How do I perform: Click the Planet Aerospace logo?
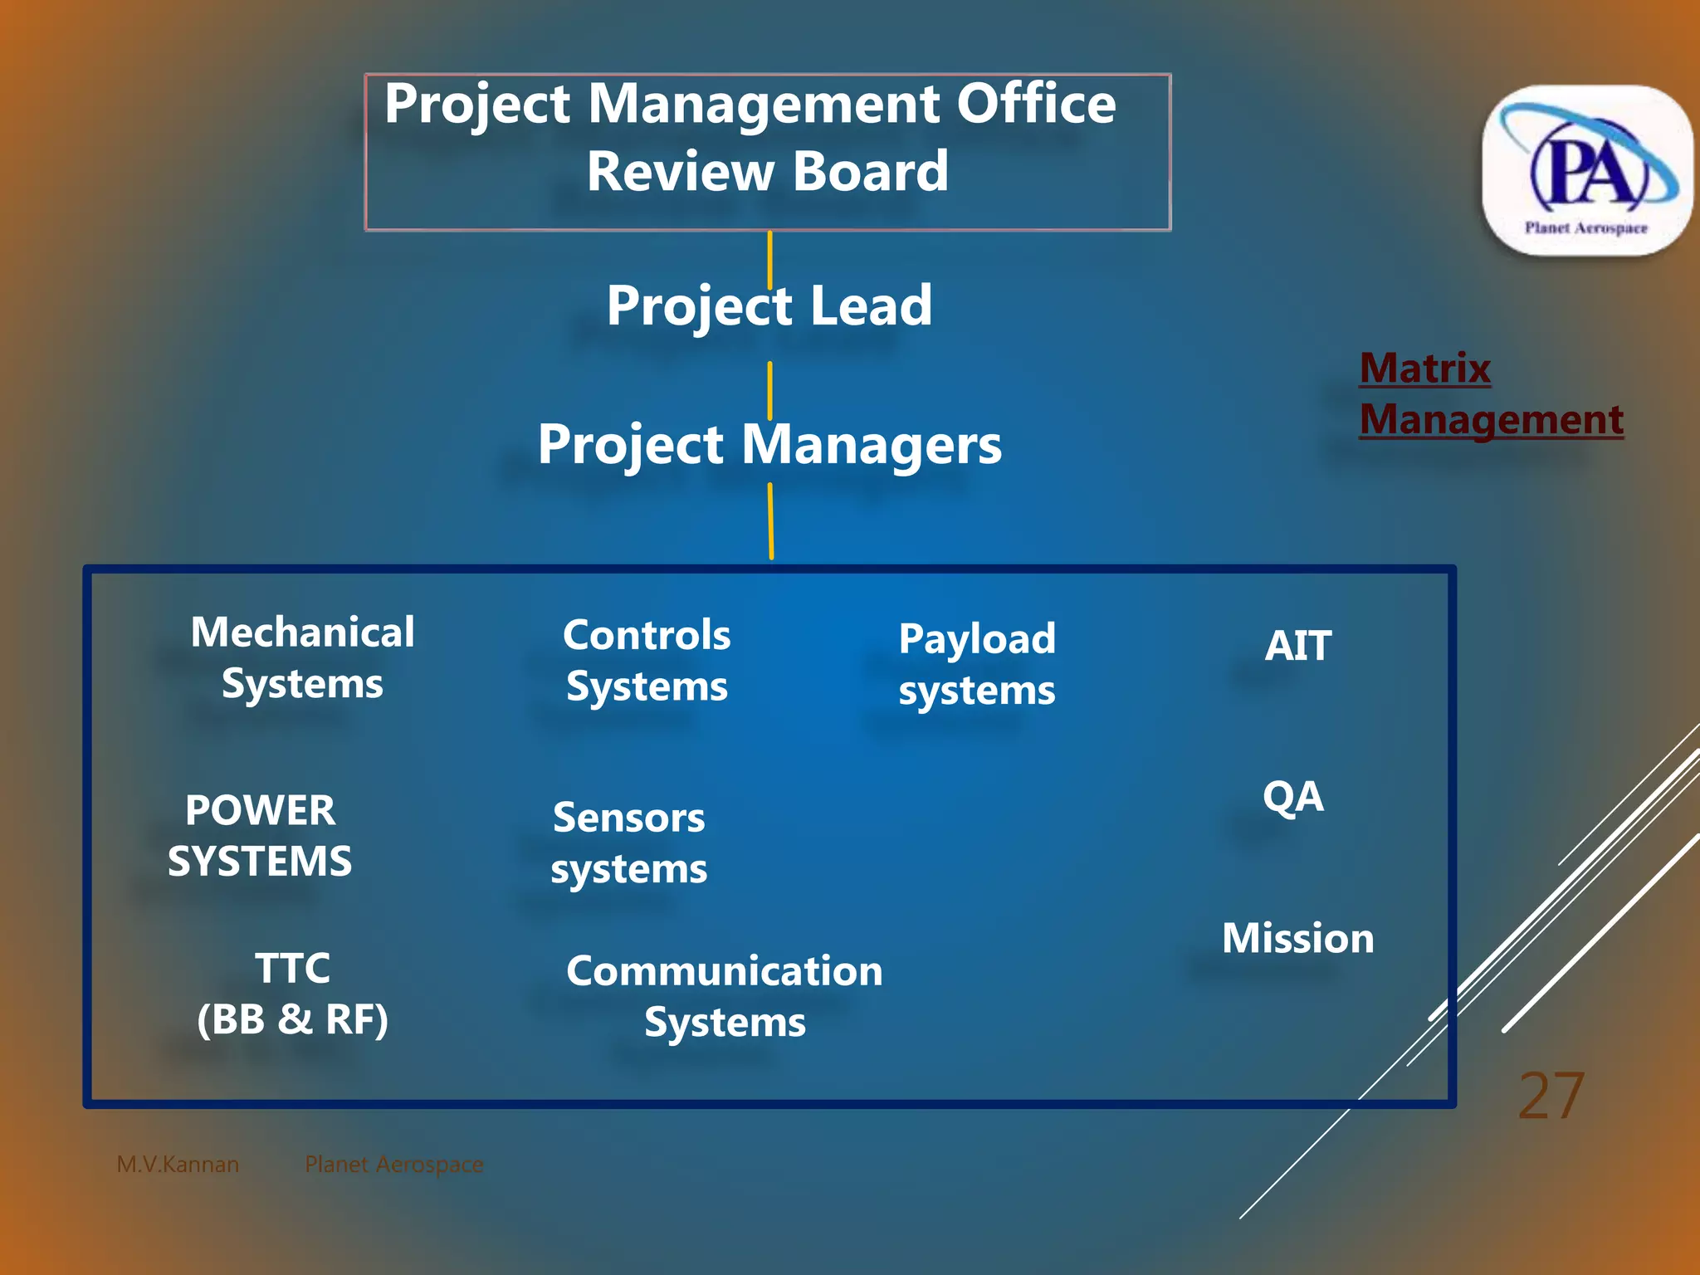pyautogui.click(x=1587, y=170)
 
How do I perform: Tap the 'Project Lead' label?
pyautogui.click(x=769, y=305)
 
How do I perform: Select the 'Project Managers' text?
pyautogui.click(x=769, y=445)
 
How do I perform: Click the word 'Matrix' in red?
pyautogui.click(x=1424, y=368)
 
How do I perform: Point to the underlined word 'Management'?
pyautogui.click(x=1491, y=419)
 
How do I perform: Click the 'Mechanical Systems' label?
pyautogui.click(x=302, y=657)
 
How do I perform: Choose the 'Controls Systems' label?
pyautogui.click(x=647, y=661)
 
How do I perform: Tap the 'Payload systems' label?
pyautogui.click(x=976, y=664)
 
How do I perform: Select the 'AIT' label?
pyautogui.click(x=1297, y=646)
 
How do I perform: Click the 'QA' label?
pyautogui.click(x=1292, y=797)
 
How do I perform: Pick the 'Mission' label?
pyautogui.click(x=1297, y=939)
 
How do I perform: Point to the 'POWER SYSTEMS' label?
pyautogui.click(x=260, y=835)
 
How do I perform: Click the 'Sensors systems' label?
pyautogui.click(x=628, y=843)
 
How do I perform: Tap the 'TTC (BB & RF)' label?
pyautogui.click(x=292, y=994)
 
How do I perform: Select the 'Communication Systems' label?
pyautogui.click(x=725, y=996)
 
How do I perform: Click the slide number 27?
pyautogui.click(x=1551, y=1097)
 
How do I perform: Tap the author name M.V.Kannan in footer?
pyautogui.click(x=178, y=1165)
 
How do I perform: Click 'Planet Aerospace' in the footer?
pyautogui.click(x=393, y=1165)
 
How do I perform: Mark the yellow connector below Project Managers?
pyautogui.click(x=770, y=521)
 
